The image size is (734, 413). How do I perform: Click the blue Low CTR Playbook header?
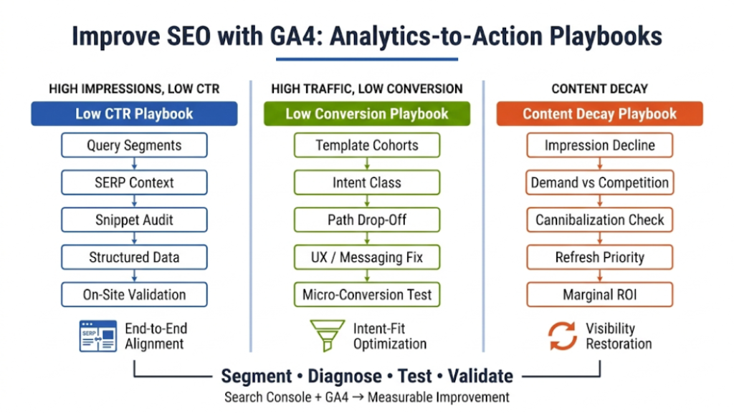(x=134, y=114)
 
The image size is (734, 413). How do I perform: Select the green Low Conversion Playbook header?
(x=367, y=114)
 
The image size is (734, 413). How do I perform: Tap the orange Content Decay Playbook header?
(x=599, y=114)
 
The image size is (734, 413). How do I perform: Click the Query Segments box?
(x=134, y=145)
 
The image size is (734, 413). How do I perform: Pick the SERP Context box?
(x=134, y=183)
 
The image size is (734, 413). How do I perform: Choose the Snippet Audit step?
(x=134, y=220)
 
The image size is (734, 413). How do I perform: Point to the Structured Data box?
(x=134, y=257)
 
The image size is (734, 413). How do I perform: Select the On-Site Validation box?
(x=134, y=294)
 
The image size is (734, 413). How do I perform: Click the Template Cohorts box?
(x=367, y=145)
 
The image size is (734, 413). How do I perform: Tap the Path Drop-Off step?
(x=367, y=220)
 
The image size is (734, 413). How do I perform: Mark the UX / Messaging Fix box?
(x=367, y=257)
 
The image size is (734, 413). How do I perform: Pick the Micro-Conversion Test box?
(x=367, y=294)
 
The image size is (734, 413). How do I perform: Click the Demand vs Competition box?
(x=599, y=183)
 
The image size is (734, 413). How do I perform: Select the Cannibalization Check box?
(x=599, y=220)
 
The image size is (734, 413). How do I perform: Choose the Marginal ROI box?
(x=599, y=294)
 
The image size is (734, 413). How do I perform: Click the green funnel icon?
(x=327, y=336)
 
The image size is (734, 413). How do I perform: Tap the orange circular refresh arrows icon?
(x=563, y=336)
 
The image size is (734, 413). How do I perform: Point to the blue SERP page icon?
(x=97, y=336)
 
